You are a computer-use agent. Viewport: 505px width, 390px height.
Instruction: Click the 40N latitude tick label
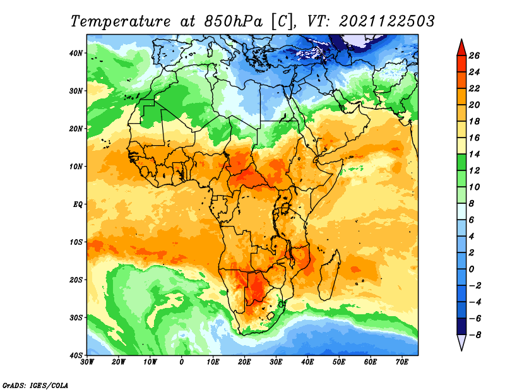click(76, 53)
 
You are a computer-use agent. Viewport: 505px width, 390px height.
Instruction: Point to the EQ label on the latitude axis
click(78, 204)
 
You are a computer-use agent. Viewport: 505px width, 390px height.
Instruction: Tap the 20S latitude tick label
click(76, 280)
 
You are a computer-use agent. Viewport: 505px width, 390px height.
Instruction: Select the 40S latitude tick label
click(76, 355)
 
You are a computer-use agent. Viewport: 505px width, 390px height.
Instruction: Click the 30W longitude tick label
click(87, 362)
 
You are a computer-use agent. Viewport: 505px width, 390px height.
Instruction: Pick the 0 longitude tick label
click(182, 362)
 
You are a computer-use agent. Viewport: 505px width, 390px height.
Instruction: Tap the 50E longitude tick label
click(339, 362)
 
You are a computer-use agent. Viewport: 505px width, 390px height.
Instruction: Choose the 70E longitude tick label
click(402, 362)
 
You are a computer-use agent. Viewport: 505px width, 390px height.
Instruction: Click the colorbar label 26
click(474, 56)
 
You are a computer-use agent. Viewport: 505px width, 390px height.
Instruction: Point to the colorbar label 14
click(474, 154)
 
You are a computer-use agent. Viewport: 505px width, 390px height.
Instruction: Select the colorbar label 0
click(472, 269)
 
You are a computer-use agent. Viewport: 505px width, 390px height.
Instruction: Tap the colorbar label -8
click(474, 335)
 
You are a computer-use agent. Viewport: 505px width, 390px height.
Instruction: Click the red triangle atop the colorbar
click(461, 49)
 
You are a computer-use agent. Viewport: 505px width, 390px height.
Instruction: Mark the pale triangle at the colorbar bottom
click(461, 341)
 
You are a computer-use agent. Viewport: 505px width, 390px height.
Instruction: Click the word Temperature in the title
click(121, 21)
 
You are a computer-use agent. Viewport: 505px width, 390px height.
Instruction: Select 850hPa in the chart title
click(233, 21)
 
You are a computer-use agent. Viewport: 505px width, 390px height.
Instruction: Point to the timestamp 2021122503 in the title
click(387, 21)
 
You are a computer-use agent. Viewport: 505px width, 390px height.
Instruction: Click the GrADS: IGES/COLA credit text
click(35, 385)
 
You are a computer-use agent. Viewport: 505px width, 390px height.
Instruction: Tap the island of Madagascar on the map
click(329, 275)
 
